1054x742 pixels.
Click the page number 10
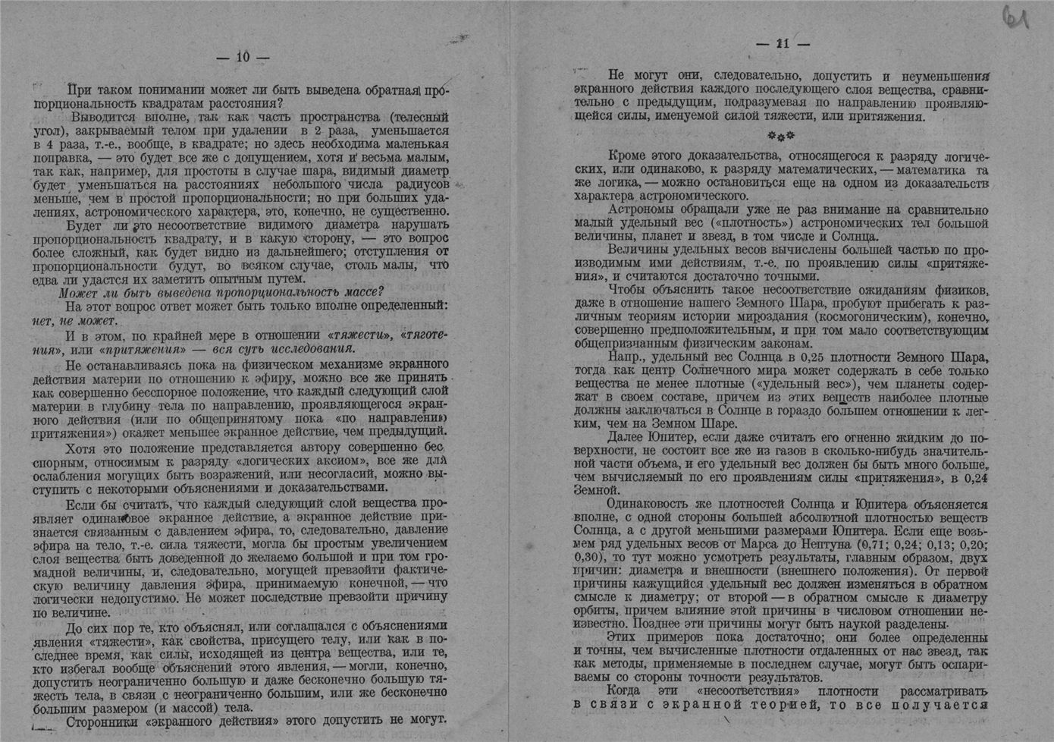point(243,57)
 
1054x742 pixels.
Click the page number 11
point(783,44)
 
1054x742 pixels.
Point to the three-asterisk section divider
point(781,136)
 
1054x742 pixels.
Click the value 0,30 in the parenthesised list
point(588,558)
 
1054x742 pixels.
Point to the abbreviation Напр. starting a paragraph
point(624,357)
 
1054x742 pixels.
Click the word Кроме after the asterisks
point(626,156)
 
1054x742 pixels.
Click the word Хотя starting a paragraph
point(80,448)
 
